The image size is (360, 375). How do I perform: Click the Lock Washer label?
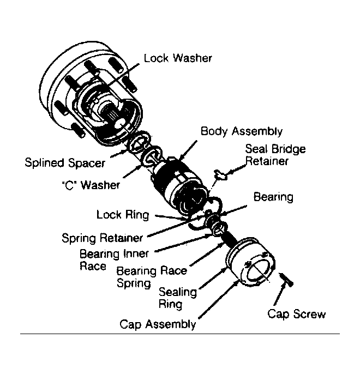(x=178, y=58)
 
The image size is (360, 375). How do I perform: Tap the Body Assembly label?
(x=242, y=131)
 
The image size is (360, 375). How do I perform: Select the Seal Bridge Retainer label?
(x=275, y=155)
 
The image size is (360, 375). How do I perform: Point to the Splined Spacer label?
(x=65, y=163)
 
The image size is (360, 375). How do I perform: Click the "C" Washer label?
(x=91, y=185)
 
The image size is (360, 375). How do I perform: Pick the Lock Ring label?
(x=123, y=215)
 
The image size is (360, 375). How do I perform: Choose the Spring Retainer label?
(x=102, y=238)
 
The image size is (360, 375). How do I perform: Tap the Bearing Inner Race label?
(x=114, y=260)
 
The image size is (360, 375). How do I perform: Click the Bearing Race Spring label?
(x=152, y=277)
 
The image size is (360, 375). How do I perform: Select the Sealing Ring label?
(x=178, y=298)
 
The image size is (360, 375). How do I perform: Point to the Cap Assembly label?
(x=158, y=324)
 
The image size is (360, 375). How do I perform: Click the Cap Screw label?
(x=297, y=314)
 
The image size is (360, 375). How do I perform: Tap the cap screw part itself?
(x=286, y=280)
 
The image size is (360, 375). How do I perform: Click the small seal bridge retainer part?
(x=220, y=175)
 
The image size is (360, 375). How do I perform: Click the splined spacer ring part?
(x=139, y=142)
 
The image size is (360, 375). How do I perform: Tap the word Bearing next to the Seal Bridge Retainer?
(x=273, y=197)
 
